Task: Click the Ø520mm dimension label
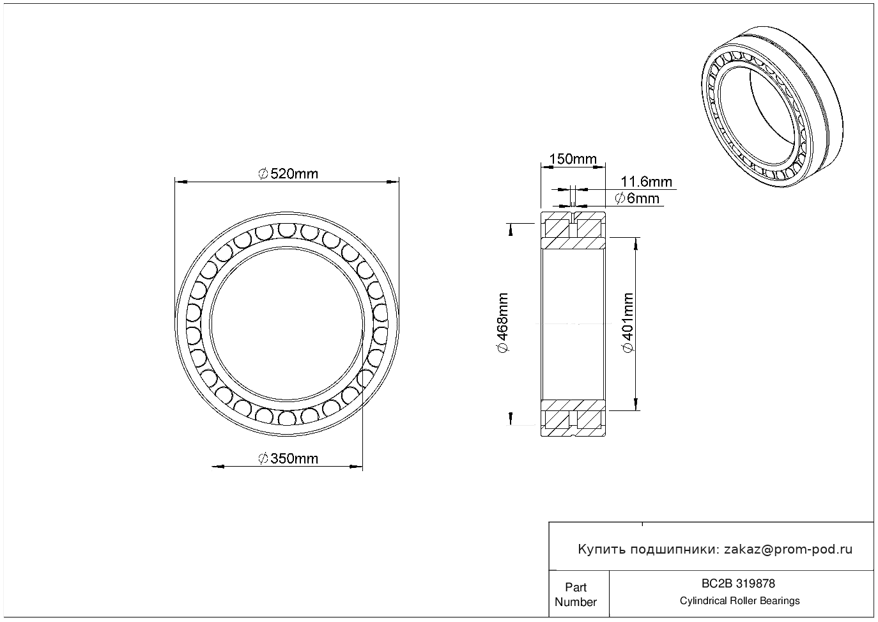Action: click(288, 173)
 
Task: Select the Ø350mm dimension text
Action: click(288, 458)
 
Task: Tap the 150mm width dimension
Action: click(573, 159)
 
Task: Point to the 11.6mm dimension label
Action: click(646, 182)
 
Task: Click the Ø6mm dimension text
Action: click(637, 198)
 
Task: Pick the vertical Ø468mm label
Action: click(502, 322)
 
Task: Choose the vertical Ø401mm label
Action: click(628, 322)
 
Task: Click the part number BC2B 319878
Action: click(738, 584)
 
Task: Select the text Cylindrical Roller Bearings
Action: click(739, 601)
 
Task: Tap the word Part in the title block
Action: click(575, 587)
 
